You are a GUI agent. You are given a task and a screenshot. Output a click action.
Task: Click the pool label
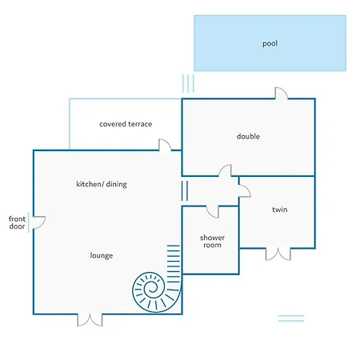pos(270,43)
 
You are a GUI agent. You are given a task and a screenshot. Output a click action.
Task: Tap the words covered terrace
pos(126,124)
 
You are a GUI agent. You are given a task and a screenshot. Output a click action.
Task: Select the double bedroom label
pos(248,136)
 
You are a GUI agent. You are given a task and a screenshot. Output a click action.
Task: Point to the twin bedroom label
pos(280,210)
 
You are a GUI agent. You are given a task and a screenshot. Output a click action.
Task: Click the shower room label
pos(212,242)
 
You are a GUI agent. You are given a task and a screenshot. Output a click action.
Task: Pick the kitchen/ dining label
pos(102,184)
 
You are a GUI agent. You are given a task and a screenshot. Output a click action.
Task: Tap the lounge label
pos(102,255)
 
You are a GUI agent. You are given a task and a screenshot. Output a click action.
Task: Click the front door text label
pos(17,222)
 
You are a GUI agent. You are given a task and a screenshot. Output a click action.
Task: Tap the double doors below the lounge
pos(90,320)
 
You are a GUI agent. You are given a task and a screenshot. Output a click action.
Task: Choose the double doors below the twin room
pos(278,254)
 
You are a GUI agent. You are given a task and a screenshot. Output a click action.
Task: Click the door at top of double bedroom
pos(282,94)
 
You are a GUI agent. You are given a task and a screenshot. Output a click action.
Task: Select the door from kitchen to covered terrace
pos(165,145)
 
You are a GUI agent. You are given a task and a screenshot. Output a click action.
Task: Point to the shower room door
pos(213,212)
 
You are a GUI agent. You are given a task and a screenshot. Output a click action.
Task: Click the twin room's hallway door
pos(245,190)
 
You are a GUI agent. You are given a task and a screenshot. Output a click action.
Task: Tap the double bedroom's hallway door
pos(225,170)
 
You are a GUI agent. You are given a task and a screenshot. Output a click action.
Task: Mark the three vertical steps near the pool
pos(188,83)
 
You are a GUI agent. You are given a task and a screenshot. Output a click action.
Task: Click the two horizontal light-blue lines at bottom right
pos(291,318)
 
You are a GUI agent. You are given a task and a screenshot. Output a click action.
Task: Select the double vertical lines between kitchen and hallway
pos(185,190)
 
